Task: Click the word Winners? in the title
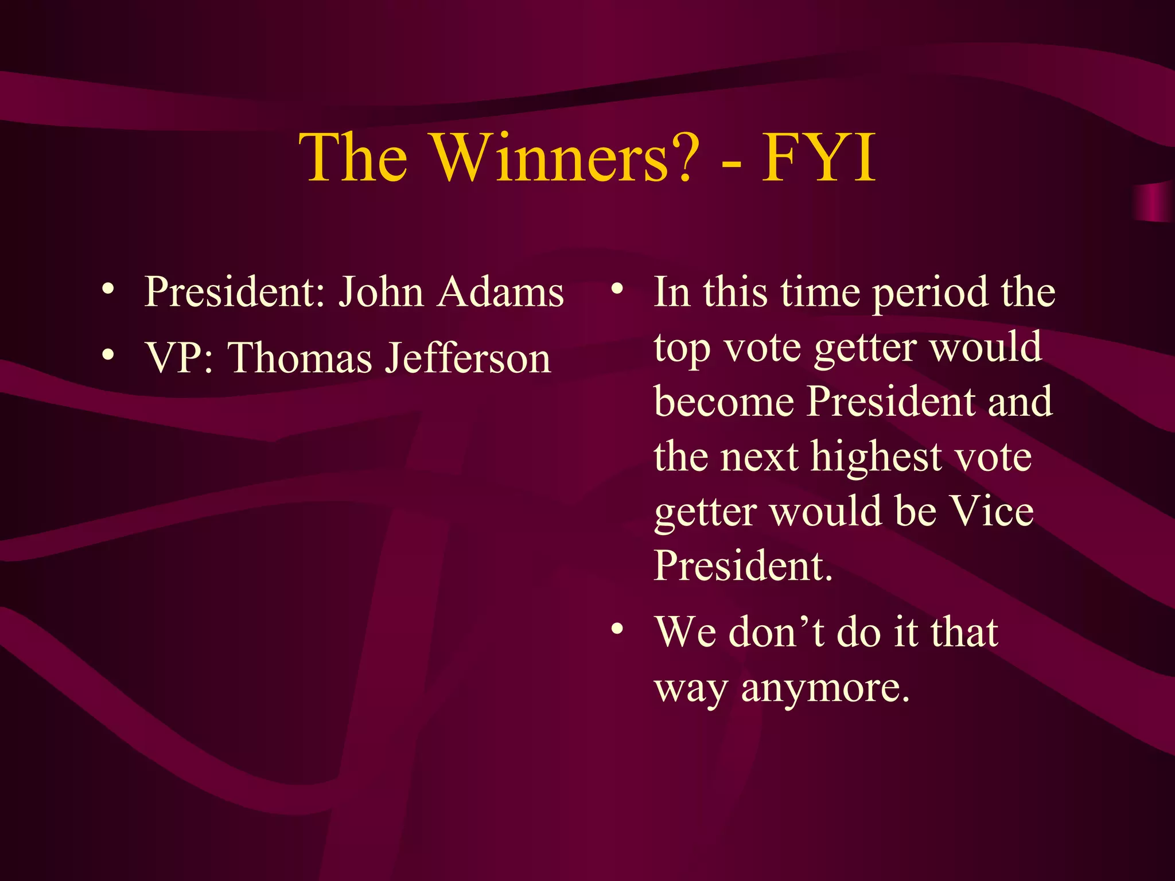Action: coord(565,158)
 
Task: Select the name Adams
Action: coord(500,293)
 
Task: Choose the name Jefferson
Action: coord(468,358)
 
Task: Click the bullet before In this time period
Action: coord(617,289)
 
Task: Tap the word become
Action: coord(724,401)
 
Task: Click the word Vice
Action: coord(991,510)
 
